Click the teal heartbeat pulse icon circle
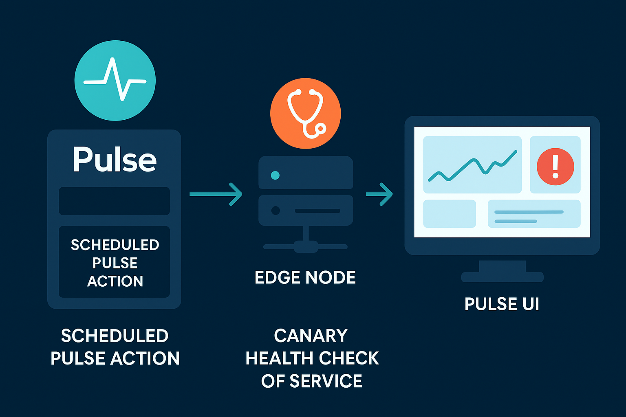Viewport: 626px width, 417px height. point(115,81)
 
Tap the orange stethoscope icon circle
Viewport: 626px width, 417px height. point(305,113)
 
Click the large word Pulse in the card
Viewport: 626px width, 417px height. point(115,160)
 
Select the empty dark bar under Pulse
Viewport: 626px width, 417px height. point(114,201)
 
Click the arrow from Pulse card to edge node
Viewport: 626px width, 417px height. point(216,194)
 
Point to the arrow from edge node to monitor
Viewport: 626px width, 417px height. point(379,194)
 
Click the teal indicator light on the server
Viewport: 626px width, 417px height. point(275,176)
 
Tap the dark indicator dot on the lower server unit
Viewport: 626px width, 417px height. point(276,211)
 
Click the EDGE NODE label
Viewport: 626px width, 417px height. point(305,278)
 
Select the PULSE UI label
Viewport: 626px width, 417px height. point(502,304)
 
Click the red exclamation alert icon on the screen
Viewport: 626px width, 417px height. point(555,167)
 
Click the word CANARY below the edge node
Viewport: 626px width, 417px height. point(311,336)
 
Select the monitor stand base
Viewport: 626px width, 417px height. point(502,277)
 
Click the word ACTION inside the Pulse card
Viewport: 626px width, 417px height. point(115,281)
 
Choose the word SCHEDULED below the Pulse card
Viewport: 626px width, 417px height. point(115,336)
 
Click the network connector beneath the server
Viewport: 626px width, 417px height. point(306,246)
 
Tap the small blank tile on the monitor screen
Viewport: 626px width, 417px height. point(450,214)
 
